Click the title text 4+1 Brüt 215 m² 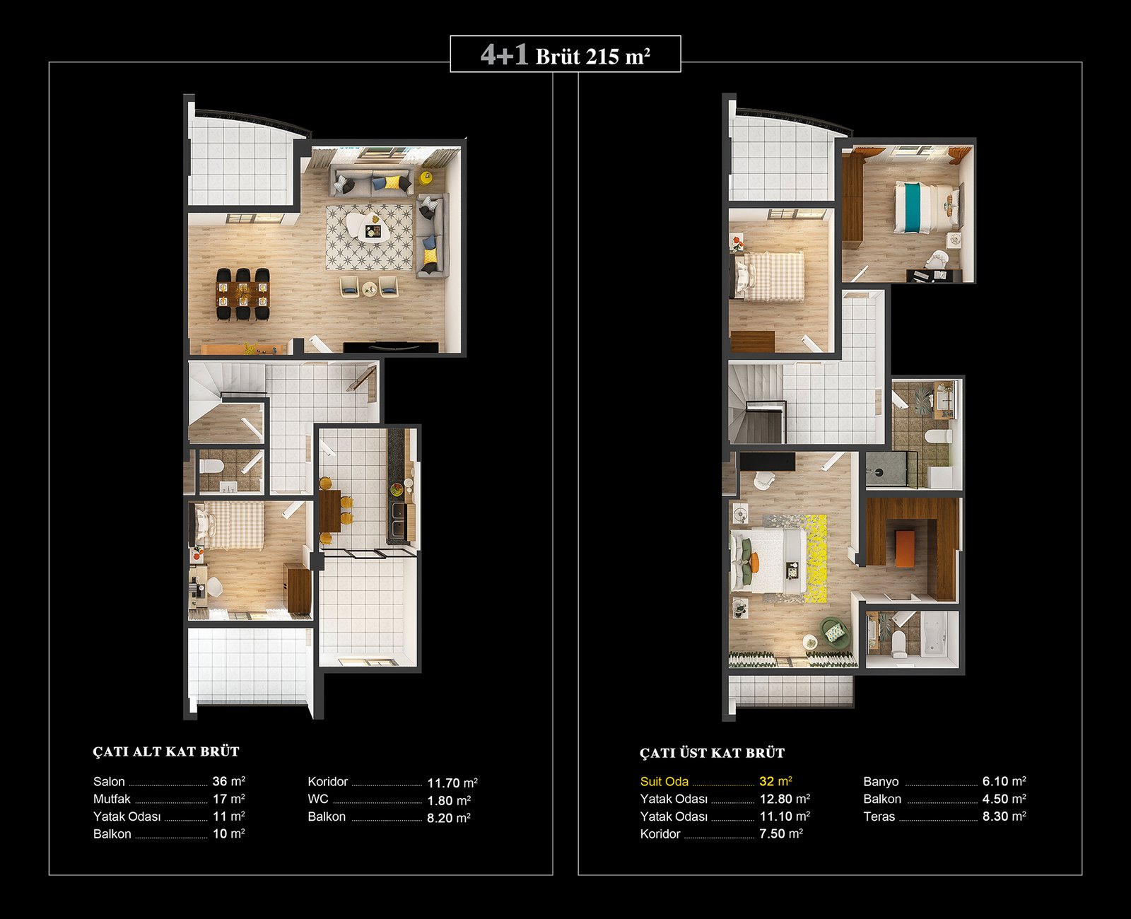(565, 55)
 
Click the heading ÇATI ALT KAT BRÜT (166, 751)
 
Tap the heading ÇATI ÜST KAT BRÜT (712, 753)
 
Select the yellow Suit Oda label (664, 781)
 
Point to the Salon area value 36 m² (229, 781)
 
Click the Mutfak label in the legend (112, 799)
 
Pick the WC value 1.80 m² (449, 801)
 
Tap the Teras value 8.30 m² (1004, 816)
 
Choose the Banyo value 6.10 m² (1004, 781)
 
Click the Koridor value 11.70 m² (452, 783)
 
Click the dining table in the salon (242, 294)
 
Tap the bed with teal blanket (927, 208)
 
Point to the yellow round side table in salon (426, 177)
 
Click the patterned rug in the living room (370, 238)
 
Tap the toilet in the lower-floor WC (210, 467)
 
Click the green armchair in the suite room (833, 630)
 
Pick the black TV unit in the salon (391, 348)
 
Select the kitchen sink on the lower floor (397, 519)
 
